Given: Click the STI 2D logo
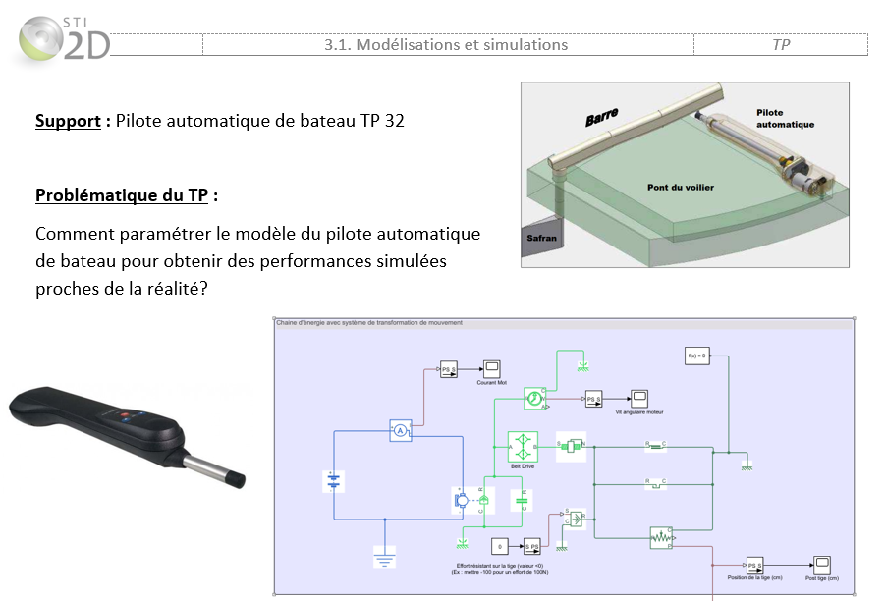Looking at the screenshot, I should tap(62, 39).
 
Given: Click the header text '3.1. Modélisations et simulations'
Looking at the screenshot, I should tap(446, 45).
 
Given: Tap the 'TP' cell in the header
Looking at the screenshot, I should tap(781, 45).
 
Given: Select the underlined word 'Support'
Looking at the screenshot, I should tap(68, 121).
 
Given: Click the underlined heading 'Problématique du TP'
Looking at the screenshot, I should tap(122, 194).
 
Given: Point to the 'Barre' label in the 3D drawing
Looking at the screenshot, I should tap(601, 118).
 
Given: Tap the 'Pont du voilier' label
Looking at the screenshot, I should tap(680, 187).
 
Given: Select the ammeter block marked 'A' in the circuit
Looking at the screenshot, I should tap(400, 431).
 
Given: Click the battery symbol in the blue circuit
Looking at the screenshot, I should tap(334, 481).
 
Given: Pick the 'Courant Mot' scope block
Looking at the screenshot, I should tap(490, 369).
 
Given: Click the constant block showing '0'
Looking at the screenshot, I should tap(500, 546).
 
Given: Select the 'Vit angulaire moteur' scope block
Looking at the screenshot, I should tap(638, 399).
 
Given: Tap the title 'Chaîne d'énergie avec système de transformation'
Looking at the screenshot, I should tap(368, 322).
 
